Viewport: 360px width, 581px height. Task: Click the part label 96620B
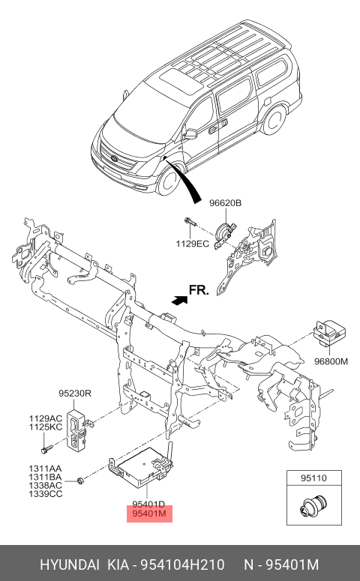click(225, 203)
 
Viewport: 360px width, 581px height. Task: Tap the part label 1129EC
click(192, 244)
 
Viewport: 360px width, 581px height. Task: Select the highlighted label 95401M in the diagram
click(149, 514)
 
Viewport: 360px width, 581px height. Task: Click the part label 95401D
click(148, 505)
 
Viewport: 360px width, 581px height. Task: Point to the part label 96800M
click(331, 361)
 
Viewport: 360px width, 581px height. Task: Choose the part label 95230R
click(75, 394)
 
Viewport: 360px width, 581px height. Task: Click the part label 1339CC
click(46, 494)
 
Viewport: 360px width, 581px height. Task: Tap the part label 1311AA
click(45, 469)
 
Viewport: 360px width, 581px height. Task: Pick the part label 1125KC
click(46, 427)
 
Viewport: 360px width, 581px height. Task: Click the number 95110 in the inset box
click(313, 478)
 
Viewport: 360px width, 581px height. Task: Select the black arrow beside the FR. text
click(180, 300)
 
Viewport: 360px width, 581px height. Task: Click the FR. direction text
click(199, 290)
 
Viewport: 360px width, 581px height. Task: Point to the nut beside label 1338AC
click(79, 481)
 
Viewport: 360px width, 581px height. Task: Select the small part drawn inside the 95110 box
click(313, 505)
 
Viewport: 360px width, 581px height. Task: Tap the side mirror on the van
click(190, 133)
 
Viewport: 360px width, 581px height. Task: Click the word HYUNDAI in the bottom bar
click(70, 565)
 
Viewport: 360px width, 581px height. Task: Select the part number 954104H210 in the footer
click(181, 565)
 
